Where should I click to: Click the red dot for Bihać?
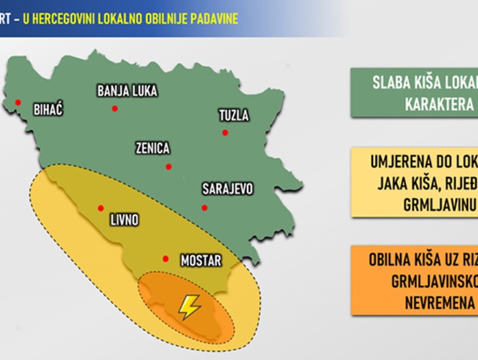point(18,103)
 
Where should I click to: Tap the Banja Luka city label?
point(128,90)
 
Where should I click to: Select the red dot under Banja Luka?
point(115,109)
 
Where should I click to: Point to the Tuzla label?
point(234,115)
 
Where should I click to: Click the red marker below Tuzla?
point(225,133)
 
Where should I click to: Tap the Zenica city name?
point(152,148)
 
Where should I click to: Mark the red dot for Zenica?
point(169,167)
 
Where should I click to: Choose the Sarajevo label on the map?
point(228,189)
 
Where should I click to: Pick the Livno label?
point(124,220)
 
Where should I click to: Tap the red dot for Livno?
point(101,207)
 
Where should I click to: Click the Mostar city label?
point(200,260)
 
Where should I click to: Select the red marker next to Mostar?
point(166,258)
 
